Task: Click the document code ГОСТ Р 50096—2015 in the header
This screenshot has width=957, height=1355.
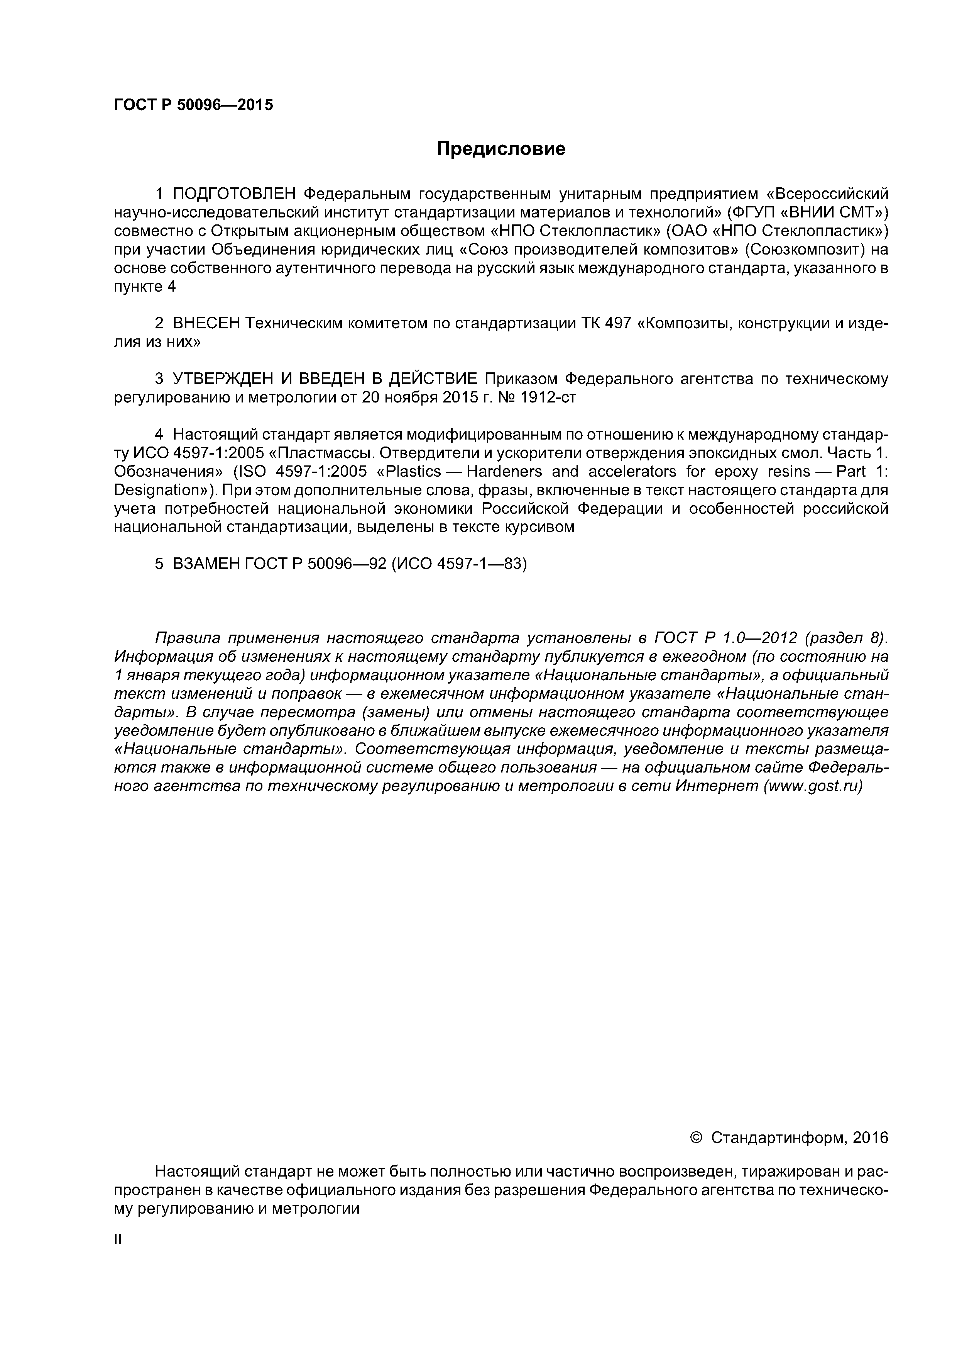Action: [193, 105]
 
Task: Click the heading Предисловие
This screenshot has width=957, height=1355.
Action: [500, 149]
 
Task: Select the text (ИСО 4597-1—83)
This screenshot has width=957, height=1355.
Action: [459, 564]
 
